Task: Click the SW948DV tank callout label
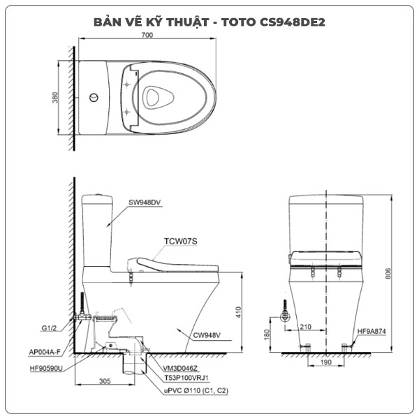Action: [x=144, y=203]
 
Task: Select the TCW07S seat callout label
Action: [x=181, y=242]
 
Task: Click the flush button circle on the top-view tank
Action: [x=95, y=98]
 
